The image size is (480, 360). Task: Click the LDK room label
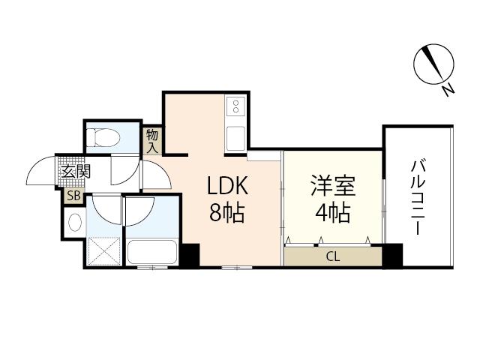(x=227, y=185)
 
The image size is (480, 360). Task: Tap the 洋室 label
(x=333, y=185)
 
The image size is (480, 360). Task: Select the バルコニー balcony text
(x=418, y=198)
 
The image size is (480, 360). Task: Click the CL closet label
(x=333, y=256)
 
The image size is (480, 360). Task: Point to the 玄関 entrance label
(x=76, y=172)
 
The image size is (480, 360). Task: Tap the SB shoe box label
(x=73, y=196)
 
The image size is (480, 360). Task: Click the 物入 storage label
(x=152, y=141)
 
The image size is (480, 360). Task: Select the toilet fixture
(x=103, y=138)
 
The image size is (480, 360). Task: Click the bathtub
(x=152, y=252)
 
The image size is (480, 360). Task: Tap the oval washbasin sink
(x=75, y=222)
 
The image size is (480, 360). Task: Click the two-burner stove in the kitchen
(x=235, y=106)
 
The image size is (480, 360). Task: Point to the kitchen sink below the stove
(x=235, y=139)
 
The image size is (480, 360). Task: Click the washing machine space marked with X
(x=104, y=252)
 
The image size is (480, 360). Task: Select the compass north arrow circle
(x=433, y=64)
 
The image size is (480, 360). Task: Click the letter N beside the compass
(x=448, y=90)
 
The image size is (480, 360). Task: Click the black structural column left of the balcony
(x=393, y=255)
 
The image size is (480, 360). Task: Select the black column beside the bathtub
(x=190, y=255)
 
